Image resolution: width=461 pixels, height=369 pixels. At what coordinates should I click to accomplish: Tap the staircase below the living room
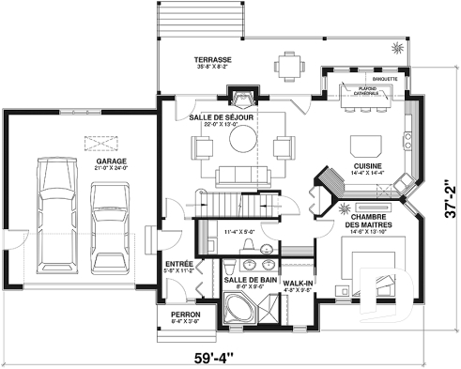[223, 203]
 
